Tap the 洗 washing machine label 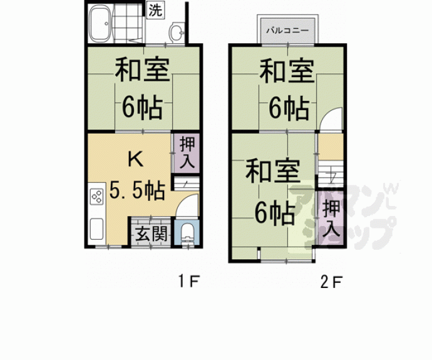pyautogui.click(x=154, y=10)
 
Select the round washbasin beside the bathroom pyautogui.click(x=177, y=32)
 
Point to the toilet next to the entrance pyautogui.click(x=187, y=234)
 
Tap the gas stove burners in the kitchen pyautogui.click(x=97, y=197)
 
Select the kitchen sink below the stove pyautogui.click(x=96, y=229)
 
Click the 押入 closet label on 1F pyautogui.click(x=186, y=152)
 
